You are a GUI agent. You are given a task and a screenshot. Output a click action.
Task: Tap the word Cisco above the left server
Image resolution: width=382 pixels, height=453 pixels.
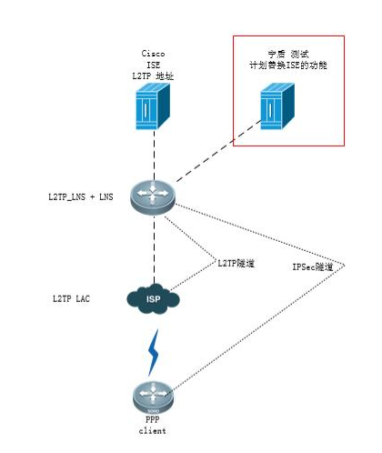pyautogui.click(x=153, y=53)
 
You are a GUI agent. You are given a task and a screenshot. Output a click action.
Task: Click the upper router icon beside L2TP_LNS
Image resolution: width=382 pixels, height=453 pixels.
pyautogui.click(x=153, y=196)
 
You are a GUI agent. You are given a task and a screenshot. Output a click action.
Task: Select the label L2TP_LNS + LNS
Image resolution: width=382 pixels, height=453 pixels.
pyautogui.click(x=79, y=196)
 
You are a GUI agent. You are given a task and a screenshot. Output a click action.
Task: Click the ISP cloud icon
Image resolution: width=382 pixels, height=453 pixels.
pyautogui.click(x=153, y=298)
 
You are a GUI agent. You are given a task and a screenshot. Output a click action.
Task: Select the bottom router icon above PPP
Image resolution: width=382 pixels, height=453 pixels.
pyautogui.click(x=153, y=398)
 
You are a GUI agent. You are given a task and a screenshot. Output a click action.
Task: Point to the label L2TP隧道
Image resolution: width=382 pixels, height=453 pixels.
pyautogui.click(x=235, y=263)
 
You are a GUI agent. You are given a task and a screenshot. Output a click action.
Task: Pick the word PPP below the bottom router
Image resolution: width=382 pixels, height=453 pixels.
pyautogui.click(x=153, y=420)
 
